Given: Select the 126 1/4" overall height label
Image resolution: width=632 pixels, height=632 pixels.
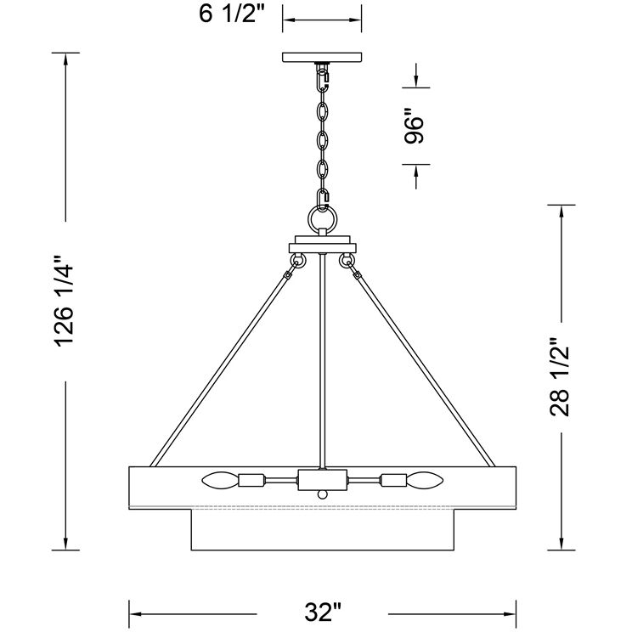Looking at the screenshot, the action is [65, 301].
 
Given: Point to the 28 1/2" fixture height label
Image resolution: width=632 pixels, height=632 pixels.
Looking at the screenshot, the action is [560, 377].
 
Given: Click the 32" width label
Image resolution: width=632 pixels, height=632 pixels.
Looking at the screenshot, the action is [323, 612].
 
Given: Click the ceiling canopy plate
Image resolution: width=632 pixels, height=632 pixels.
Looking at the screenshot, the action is [322, 57].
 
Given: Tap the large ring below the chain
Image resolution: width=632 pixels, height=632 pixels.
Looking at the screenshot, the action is [322, 220].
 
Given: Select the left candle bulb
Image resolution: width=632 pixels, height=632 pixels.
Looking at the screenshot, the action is [220, 480].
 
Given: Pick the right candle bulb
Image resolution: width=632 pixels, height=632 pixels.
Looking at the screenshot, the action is [425, 480].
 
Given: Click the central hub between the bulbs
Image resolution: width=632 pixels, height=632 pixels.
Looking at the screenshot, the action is [322, 480].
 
